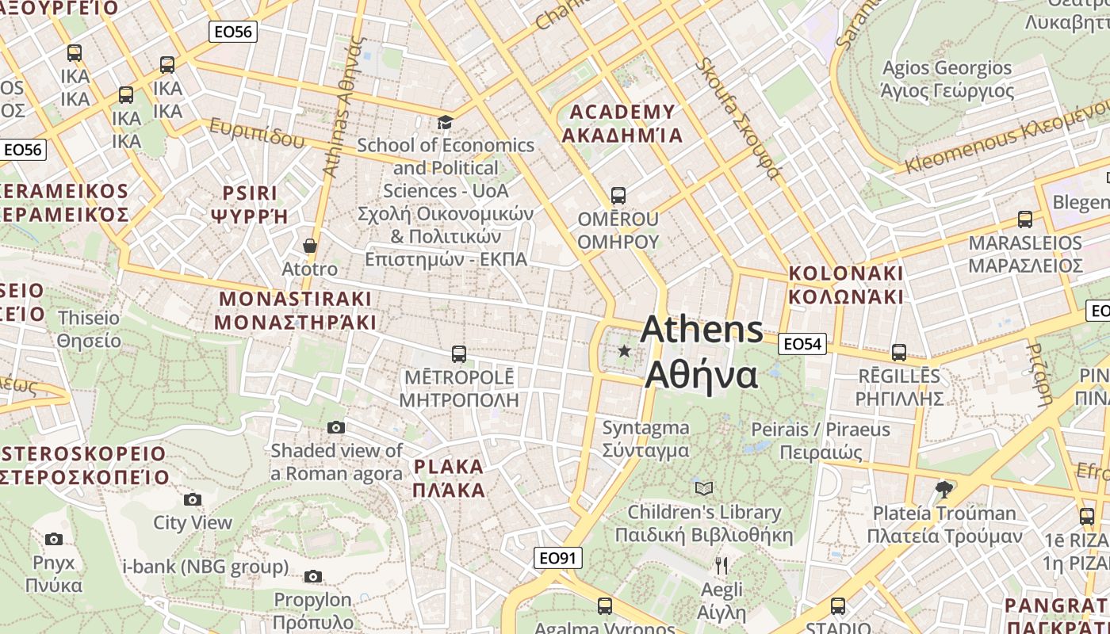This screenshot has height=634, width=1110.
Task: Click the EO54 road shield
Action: (x=802, y=343)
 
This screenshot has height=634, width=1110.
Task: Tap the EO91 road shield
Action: (x=557, y=558)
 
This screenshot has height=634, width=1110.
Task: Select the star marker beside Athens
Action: (x=625, y=350)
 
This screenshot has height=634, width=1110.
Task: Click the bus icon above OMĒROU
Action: (x=618, y=195)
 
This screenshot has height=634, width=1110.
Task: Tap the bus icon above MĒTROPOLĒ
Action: (x=458, y=353)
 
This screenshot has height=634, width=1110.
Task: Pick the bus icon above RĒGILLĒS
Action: (x=898, y=352)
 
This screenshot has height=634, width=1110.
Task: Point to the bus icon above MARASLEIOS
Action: (x=1025, y=220)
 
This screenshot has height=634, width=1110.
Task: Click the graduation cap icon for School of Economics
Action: (x=446, y=122)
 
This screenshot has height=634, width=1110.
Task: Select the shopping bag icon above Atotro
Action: (x=310, y=246)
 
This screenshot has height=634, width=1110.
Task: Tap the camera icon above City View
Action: (x=193, y=499)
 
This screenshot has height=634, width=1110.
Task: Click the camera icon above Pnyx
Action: (x=54, y=540)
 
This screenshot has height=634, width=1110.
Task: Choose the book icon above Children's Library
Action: (x=704, y=488)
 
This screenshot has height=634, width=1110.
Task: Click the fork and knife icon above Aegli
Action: (x=721, y=566)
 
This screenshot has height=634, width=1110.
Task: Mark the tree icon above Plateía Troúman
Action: (x=943, y=489)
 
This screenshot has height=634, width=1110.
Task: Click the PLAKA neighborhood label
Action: (x=449, y=478)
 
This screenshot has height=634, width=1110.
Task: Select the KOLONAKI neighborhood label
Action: (x=846, y=285)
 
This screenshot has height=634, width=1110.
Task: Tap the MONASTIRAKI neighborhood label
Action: (x=295, y=311)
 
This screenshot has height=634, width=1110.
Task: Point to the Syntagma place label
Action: (x=645, y=439)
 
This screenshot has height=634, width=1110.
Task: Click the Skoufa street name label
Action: (x=738, y=119)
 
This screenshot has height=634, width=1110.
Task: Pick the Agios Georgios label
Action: (x=947, y=79)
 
